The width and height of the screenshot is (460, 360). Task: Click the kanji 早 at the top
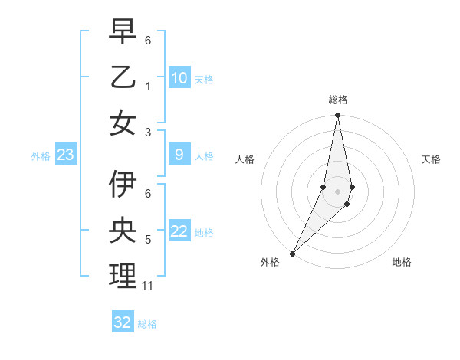123,32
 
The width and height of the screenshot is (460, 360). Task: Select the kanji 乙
123,77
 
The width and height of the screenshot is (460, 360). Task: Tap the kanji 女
123,123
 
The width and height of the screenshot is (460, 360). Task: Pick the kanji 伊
123,185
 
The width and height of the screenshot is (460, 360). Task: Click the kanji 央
123,231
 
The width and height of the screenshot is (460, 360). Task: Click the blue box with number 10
179,78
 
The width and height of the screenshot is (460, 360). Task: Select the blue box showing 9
179,155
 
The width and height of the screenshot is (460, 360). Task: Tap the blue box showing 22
179,232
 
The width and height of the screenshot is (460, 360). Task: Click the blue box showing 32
123,322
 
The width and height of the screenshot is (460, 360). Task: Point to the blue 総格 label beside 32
147,324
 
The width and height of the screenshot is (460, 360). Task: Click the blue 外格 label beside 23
41,156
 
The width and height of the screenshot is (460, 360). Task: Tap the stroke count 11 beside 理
148,286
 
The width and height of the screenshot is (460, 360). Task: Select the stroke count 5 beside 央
148,240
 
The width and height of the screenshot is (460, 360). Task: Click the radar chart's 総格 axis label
337,100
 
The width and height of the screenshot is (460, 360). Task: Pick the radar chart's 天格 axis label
431,159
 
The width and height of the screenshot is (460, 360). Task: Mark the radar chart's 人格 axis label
245,159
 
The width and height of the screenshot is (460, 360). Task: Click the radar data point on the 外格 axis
292,253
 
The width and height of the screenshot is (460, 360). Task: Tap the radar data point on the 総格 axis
337,116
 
